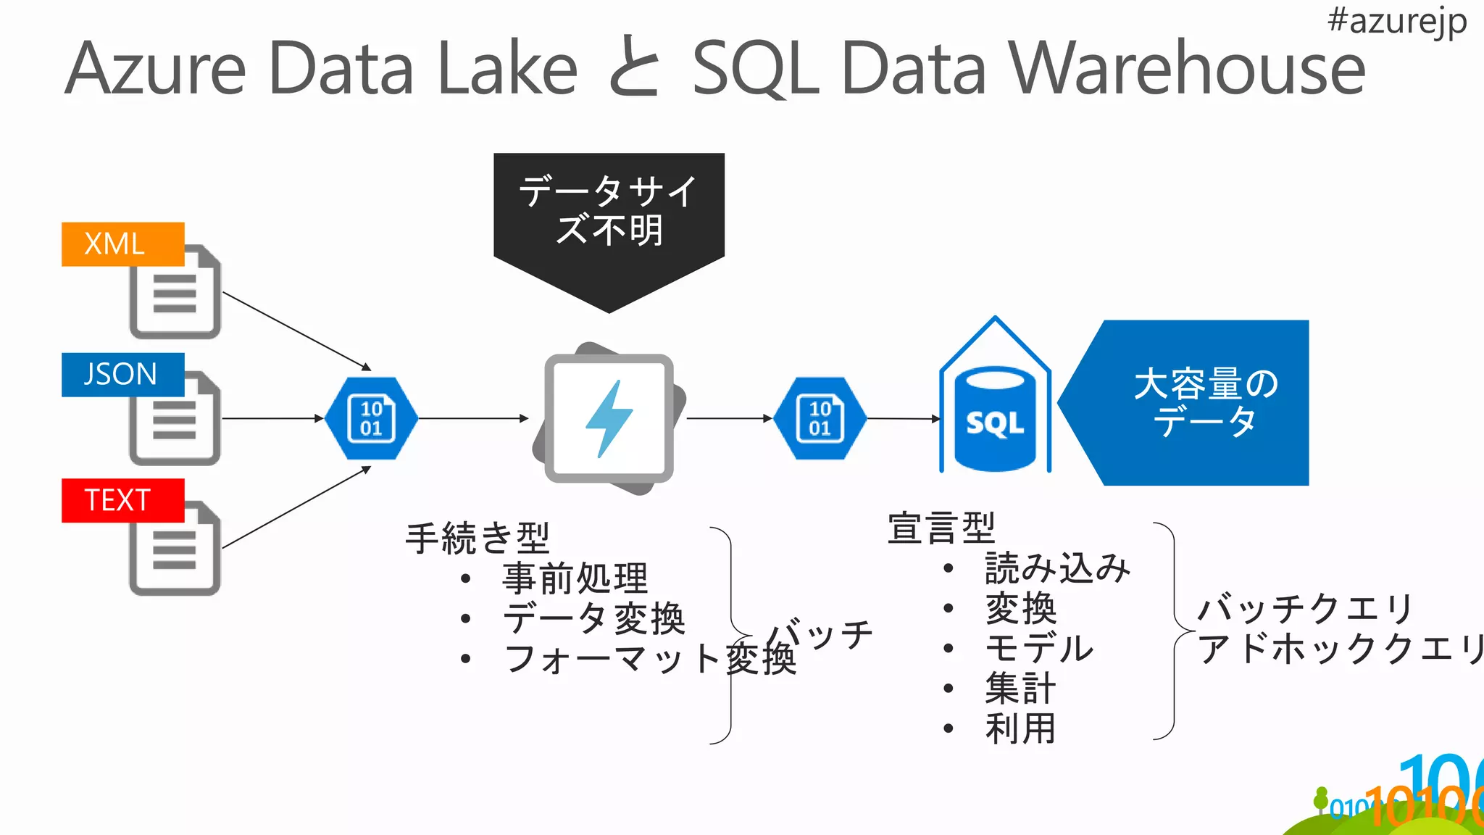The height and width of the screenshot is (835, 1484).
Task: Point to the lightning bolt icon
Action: [609, 419]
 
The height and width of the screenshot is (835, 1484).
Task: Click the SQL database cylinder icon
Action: [995, 419]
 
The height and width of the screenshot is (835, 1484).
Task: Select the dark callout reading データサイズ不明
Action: [609, 210]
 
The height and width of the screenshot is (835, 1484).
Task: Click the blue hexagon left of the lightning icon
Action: [372, 418]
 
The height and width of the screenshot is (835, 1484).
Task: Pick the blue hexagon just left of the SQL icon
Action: [820, 418]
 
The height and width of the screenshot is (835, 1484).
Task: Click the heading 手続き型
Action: [478, 538]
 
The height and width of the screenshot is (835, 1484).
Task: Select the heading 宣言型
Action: [941, 528]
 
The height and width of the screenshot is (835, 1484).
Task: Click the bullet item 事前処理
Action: [575, 578]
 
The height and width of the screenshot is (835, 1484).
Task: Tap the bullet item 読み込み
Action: [1057, 568]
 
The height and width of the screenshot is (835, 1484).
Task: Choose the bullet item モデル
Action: [1039, 647]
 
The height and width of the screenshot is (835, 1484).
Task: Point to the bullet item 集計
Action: [1020, 688]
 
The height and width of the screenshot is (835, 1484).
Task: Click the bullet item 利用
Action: [1020, 728]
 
